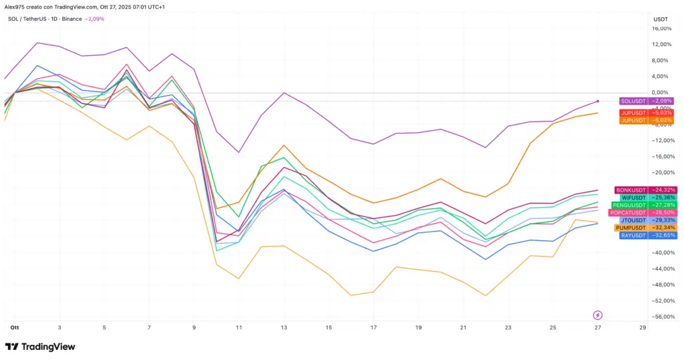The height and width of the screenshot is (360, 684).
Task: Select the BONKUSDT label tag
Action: click(x=631, y=190)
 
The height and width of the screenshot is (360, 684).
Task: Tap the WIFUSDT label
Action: click(x=633, y=198)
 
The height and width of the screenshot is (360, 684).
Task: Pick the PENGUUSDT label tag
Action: click(x=629, y=205)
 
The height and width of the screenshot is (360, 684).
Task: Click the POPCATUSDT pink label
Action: click(x=628, y=212)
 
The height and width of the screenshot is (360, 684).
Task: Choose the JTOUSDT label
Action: click(x=633, y=220)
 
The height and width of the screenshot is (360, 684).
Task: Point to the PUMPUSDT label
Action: click(x=631, y=228)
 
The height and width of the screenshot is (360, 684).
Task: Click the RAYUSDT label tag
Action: click(x=633, y=235)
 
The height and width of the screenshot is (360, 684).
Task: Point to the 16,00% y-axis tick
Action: click(x=661, y=29)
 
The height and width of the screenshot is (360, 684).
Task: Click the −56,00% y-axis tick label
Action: click(x=661, y=317)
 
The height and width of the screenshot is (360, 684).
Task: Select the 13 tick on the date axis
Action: click(x=284, y=328)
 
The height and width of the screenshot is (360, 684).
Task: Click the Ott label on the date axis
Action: click(x=14, y=328)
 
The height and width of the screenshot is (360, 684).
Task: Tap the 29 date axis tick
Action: click(x=642, y=328)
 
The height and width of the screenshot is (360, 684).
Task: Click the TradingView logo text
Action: click(x=48, y=347)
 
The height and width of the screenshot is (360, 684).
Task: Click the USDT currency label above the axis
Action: click(x=660, y=19)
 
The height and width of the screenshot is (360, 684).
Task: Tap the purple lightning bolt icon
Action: click(x=598, y=315)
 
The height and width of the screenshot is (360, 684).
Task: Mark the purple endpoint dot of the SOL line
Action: click(x=598, y=101)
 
